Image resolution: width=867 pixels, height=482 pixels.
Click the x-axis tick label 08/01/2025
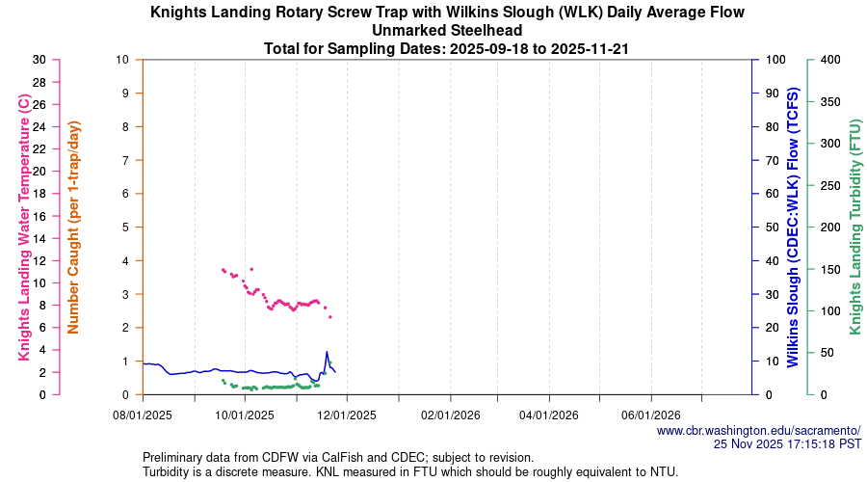pyautogui.click(x=143, y=415)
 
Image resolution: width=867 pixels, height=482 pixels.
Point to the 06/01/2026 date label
pyautogui.click(x=651, y=415)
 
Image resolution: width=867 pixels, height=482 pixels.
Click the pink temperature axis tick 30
pyautogui.click(x=39, y=59)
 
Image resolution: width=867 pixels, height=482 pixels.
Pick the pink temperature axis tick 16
pyautogui.click(x=39, y=216)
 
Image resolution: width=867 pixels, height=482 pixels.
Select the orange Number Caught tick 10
pyautogui.click(x=122, y=59)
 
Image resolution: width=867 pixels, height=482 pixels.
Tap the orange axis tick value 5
pyautogui.click(x=125, y=228)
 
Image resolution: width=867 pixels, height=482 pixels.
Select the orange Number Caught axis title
pyautogui.click(x=74, y=227)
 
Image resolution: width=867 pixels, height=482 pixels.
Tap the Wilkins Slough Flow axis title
pyautogui.click(x=793, y=227)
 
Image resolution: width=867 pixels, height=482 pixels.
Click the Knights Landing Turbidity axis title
pyautogui.click(x=854, y=227)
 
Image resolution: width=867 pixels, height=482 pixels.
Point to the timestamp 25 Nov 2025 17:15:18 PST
pyautogui.click(x=787, y=444)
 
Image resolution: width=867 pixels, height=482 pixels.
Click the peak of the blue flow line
pyautogui.click(x=327, y=351)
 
